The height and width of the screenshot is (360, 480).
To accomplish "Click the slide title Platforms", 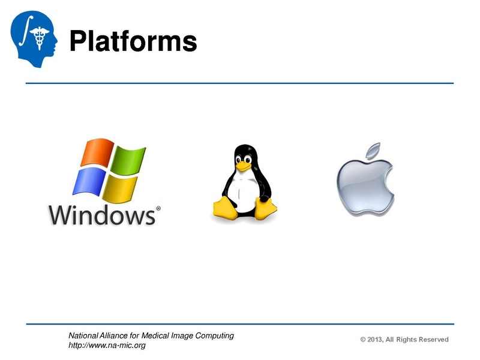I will click(x=133, y=41).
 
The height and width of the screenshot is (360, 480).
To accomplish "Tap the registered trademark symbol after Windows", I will click(x=158, y=209).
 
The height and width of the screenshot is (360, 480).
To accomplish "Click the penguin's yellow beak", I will click(x=242, y=166).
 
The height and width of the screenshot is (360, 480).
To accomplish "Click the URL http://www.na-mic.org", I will click(x=107, y=346).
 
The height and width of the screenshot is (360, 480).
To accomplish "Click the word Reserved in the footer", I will click(x=433, y=340).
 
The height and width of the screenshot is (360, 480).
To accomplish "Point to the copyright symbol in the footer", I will click(x=363, y=340).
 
